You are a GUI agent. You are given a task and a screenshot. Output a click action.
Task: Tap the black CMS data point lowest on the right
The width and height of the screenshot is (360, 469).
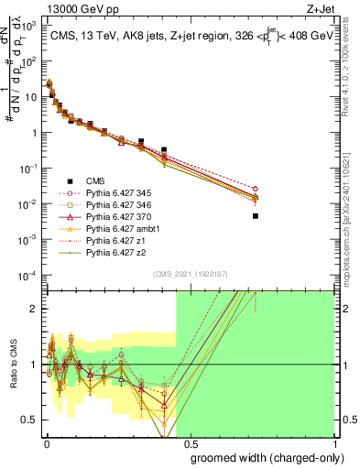[256, 216]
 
